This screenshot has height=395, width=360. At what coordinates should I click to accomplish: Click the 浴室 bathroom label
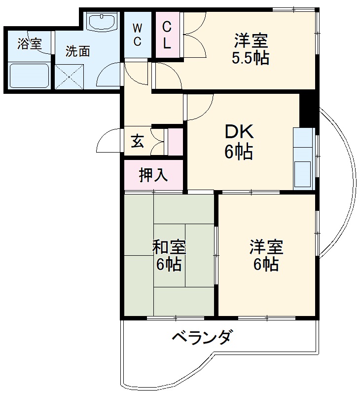(29, 44)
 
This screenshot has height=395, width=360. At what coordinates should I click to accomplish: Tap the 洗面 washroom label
(78, 51)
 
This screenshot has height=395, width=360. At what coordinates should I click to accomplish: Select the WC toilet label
(138, 34)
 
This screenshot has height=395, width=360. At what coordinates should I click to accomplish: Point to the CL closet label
(167, 34)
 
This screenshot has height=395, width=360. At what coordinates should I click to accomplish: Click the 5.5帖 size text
(251, 58)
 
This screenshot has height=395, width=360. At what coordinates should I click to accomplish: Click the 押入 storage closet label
(153, 175)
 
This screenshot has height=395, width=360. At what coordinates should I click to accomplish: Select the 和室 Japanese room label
(169, 246)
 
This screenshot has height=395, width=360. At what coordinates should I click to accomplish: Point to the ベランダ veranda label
(201, 338)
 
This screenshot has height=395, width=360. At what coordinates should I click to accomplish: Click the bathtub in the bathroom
(30, 75)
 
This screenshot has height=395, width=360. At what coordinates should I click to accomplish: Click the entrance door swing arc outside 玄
(108, 141)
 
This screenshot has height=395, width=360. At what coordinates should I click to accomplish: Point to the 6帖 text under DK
(239, 152)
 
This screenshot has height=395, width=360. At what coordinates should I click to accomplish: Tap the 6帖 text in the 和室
(169, 265)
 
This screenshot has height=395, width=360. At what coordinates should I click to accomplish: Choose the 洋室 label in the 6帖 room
(266, 246)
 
